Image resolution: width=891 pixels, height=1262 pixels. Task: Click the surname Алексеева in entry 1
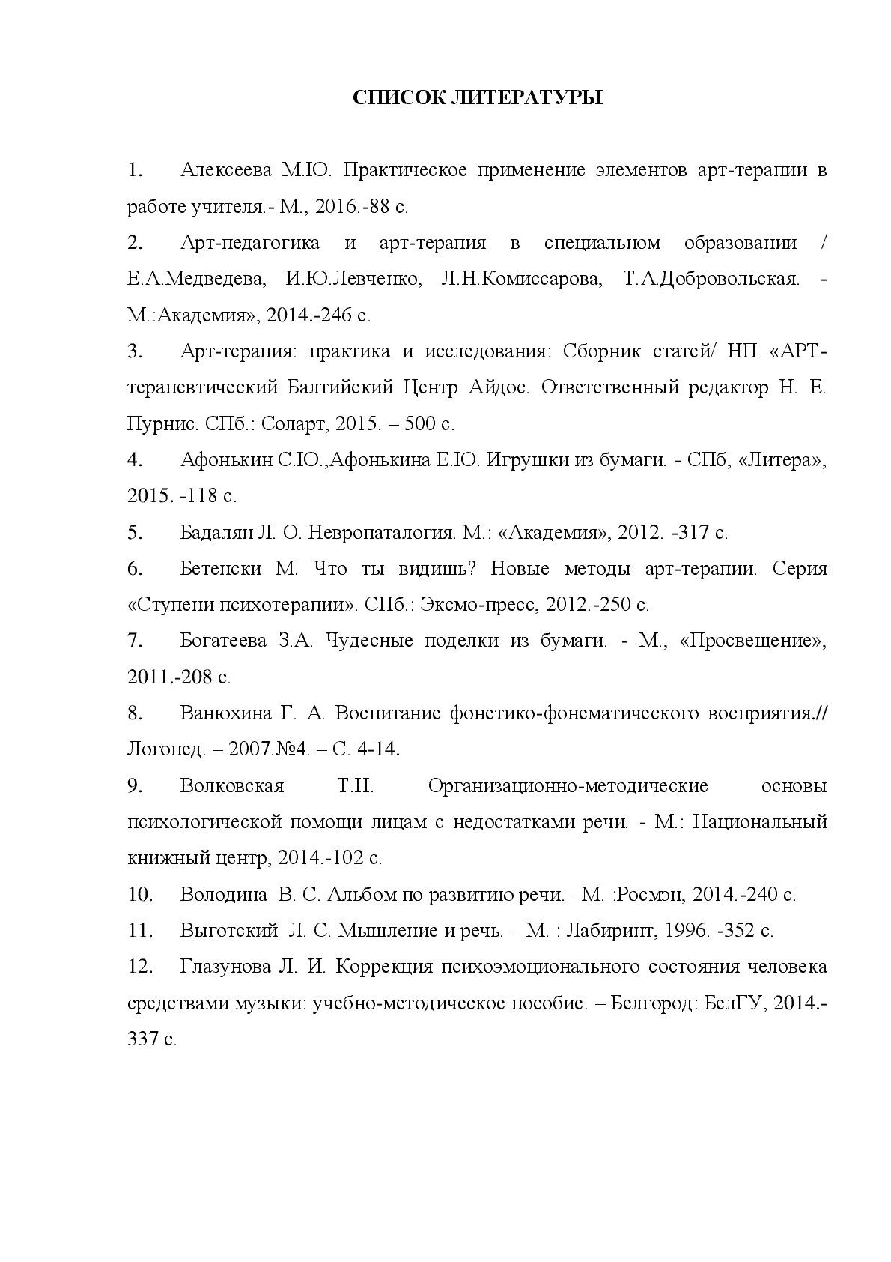226,170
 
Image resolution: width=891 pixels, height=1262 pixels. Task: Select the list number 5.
135,533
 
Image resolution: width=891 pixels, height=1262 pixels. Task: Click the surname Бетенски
221,569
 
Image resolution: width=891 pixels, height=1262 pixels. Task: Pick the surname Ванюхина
226,713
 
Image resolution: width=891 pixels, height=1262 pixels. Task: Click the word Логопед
162,749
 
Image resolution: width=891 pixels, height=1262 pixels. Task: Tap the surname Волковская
232,786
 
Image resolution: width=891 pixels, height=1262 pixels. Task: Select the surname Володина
223,895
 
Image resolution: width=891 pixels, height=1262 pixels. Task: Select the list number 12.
140,967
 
